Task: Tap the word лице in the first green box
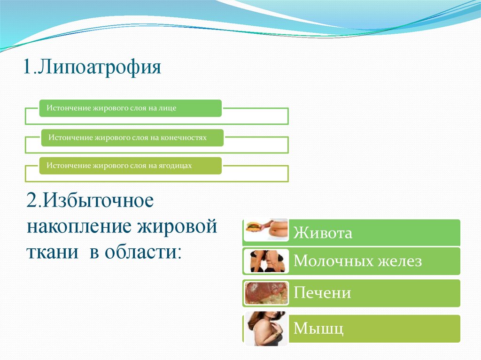(x=168, y=108)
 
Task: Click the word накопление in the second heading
(x=79, y=227)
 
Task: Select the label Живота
(x=323, y=233)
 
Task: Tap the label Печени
(x=322, y=293)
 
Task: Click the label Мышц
(x=318, y=329)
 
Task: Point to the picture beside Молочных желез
(x=266, y=261)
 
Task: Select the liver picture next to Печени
(x=266, y=293)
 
